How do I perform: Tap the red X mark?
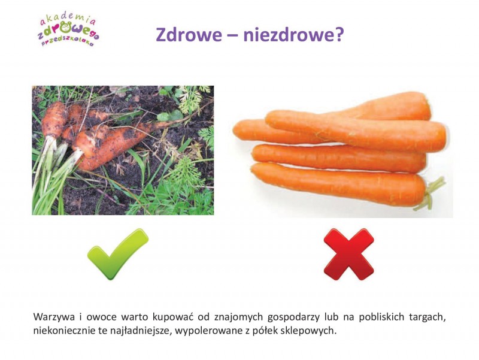349,254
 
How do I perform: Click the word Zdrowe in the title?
189,35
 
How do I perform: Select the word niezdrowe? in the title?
293,35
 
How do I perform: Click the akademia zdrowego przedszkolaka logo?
68,31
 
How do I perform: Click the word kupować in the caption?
173,317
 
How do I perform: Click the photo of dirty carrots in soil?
123,150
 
